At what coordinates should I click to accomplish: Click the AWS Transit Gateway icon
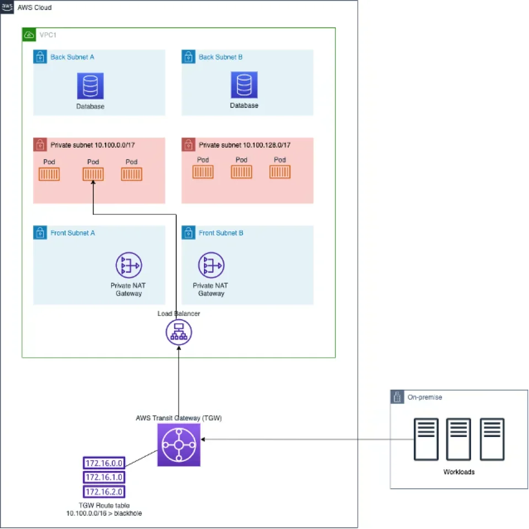179,445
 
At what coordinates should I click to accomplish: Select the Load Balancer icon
179,332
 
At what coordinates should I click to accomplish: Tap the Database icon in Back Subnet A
90,86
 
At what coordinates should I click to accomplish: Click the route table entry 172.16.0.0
104,462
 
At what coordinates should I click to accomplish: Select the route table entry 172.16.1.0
104,477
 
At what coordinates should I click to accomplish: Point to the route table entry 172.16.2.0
104,491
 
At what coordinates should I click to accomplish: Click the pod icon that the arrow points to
93,174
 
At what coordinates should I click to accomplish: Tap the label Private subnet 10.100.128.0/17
245,145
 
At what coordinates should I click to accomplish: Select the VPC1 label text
48,35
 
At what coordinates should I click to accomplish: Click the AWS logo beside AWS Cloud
7,7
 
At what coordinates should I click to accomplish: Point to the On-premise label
424,397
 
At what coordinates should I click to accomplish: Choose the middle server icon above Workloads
458,439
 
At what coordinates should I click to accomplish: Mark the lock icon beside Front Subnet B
188,233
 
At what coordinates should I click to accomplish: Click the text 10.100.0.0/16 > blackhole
104,514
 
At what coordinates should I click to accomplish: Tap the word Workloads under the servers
459,472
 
